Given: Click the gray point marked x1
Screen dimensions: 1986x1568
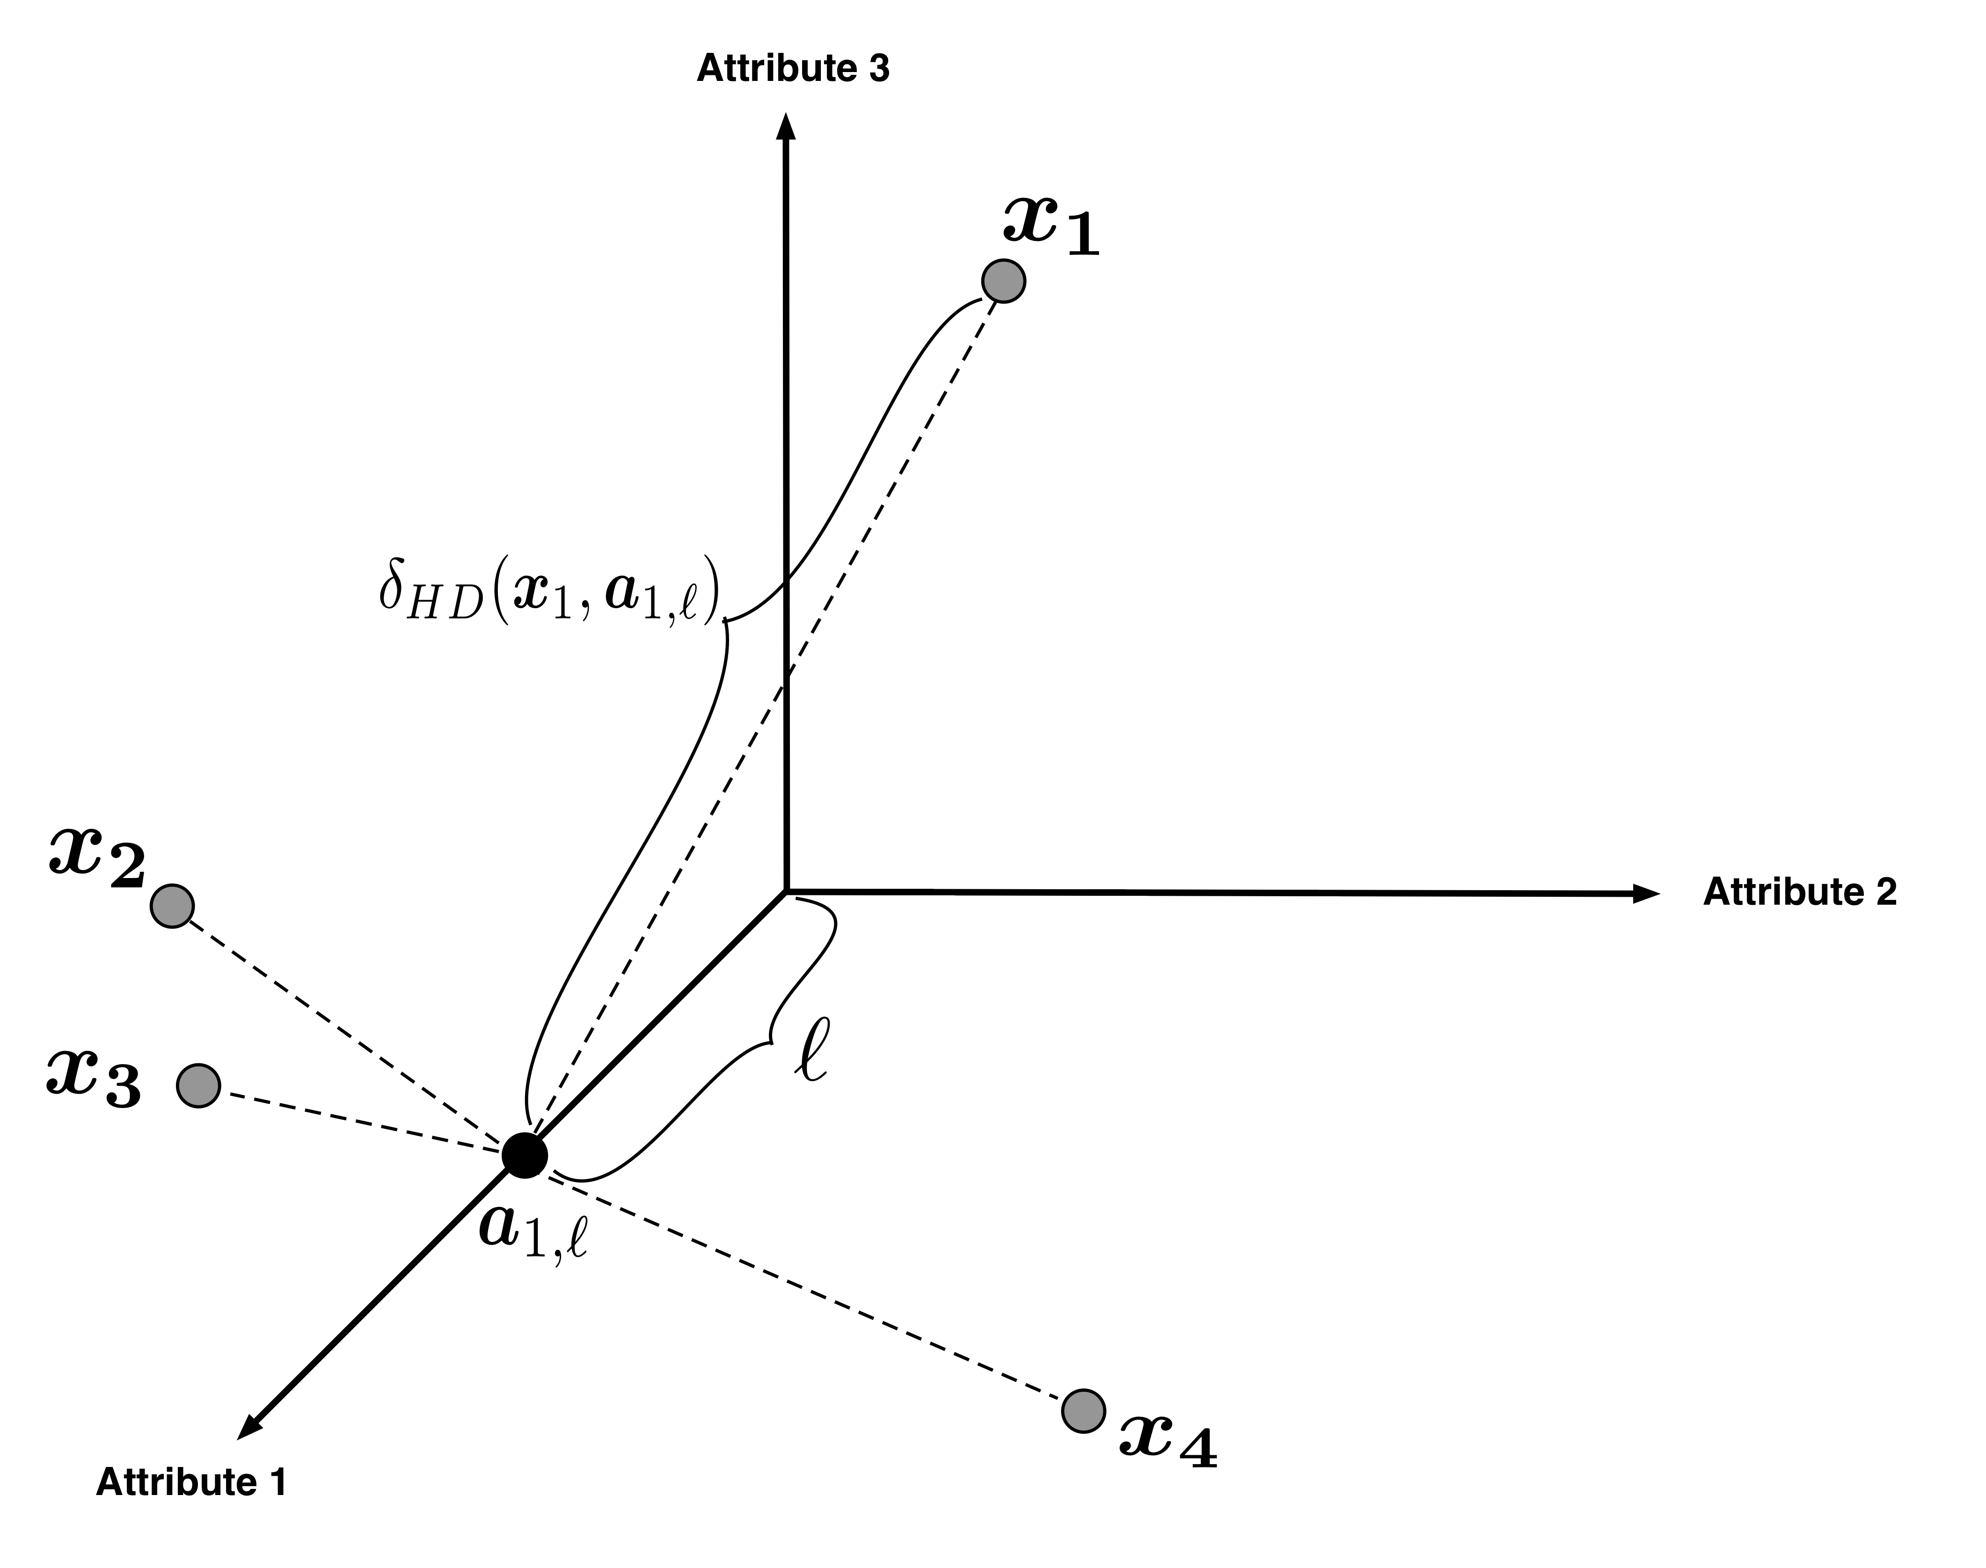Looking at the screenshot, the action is tap(1003, 280).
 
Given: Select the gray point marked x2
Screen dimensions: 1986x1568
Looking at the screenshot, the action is tap(172, 906).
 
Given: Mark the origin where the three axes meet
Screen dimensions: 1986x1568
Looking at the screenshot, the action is tap(786, 891).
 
